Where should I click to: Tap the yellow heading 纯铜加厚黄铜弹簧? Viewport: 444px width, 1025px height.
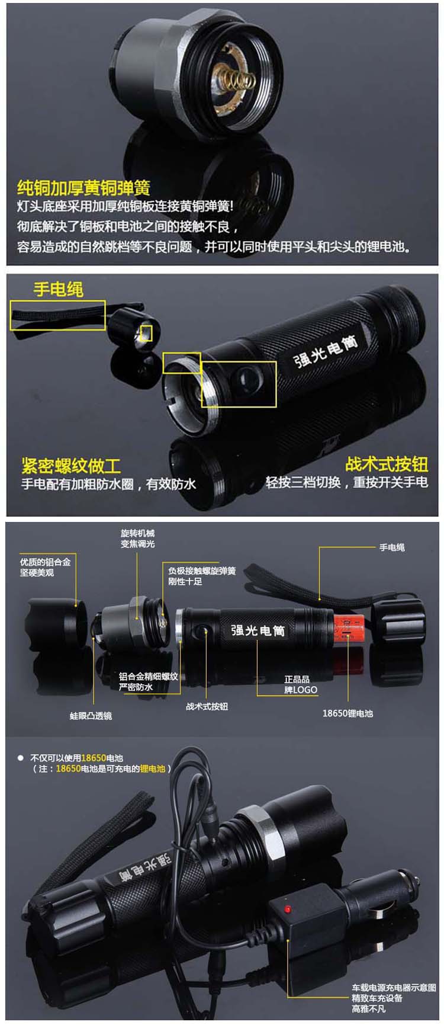83,188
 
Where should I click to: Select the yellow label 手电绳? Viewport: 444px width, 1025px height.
58,289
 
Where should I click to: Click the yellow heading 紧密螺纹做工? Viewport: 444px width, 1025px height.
71,465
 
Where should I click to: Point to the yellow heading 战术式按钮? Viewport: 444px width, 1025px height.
387,464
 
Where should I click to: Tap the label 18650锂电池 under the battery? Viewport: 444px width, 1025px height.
348,713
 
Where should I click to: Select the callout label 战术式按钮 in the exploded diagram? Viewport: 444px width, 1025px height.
207,706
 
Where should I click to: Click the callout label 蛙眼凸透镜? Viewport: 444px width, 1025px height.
91,716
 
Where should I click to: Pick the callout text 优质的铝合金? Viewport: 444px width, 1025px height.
45,562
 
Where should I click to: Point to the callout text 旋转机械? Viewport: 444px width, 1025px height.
137,533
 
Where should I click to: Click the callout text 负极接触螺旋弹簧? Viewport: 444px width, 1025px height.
202,571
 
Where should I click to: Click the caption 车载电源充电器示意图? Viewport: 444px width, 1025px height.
394,988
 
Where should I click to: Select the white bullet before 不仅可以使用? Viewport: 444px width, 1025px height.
20,758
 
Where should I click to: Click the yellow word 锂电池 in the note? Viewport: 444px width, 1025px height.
153,768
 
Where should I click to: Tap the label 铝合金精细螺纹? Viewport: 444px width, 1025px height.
148,676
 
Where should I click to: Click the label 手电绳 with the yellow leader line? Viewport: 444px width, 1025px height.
392,547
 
